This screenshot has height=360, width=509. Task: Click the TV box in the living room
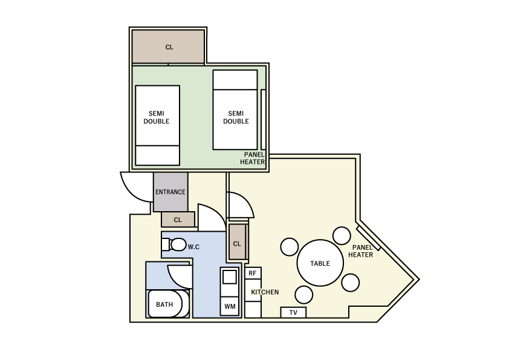click(293, 313)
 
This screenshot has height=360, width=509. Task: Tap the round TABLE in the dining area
click(320, 263)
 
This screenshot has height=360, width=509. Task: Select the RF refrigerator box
click(253, 273)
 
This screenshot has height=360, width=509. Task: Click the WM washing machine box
click(230, 306)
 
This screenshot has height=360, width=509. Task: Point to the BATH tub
click(165, 304)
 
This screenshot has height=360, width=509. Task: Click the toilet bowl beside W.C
click(178, 244)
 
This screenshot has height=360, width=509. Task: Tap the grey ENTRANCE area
click(170, 192)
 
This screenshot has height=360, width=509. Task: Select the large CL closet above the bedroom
click(168, 47)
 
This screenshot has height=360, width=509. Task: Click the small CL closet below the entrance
click(178, 220)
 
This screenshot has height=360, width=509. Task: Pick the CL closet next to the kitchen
click(238, 243)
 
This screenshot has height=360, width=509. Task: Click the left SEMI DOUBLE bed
click(157, 125)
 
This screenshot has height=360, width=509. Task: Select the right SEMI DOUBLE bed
click(235, 110)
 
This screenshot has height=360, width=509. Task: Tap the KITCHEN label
click(265, 292)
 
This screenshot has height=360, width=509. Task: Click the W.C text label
click(193, 247)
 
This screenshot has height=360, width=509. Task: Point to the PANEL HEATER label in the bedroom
click(253, 159)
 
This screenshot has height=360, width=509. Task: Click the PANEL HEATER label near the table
click(361, 252)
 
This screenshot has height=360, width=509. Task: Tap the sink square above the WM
click(230, 277)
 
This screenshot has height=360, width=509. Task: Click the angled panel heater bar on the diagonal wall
click(368, 238)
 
